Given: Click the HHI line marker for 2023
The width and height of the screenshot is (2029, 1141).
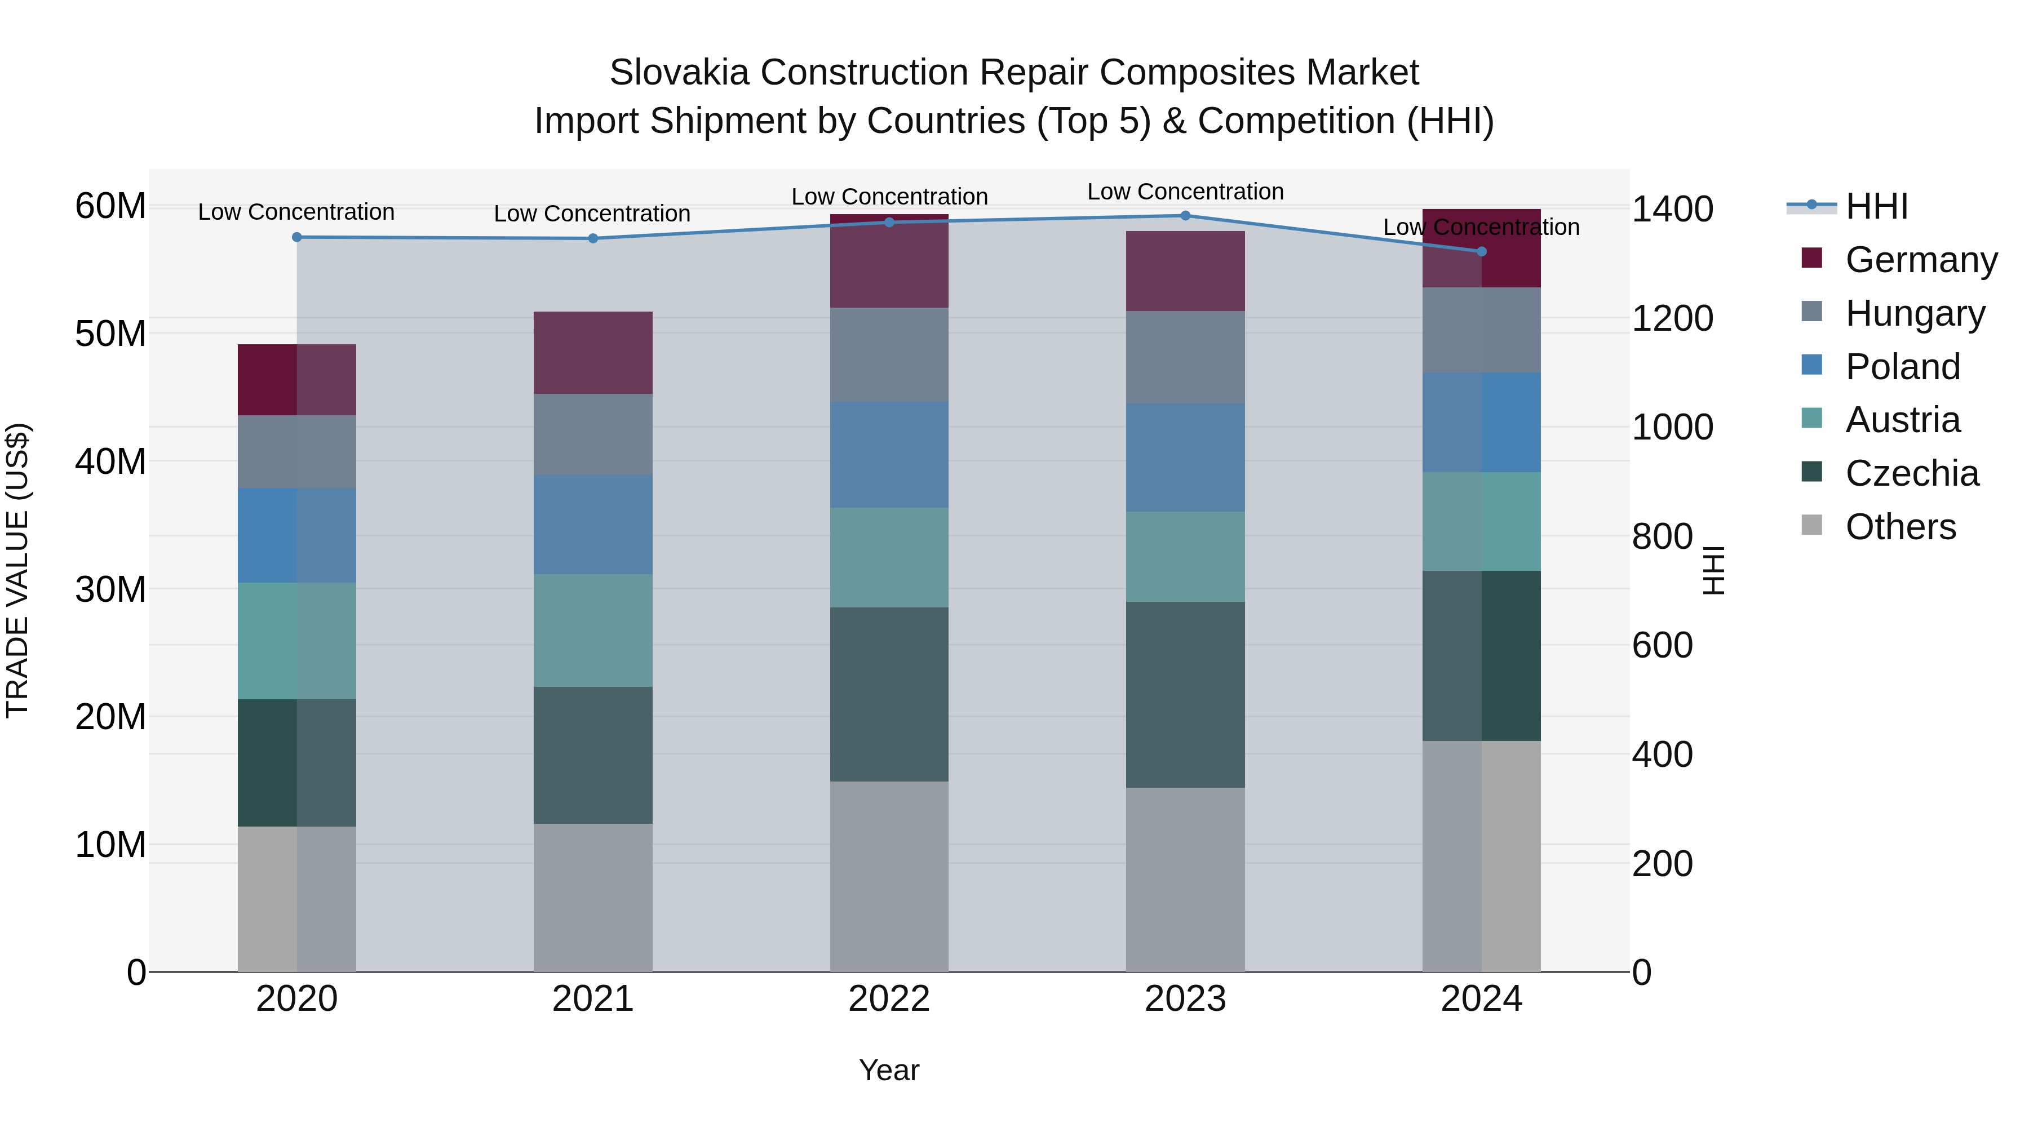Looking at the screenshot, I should click(1185, 216).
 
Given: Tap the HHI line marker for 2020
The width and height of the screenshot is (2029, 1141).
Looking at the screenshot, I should click(297, 237).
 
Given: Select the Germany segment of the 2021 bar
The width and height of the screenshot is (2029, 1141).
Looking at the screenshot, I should click(592, 353).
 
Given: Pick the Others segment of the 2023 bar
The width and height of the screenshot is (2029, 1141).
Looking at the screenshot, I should click(1185, 879).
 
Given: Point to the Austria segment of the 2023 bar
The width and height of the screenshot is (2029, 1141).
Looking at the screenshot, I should click(1185, 557).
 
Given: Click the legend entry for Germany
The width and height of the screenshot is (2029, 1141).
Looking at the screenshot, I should click(1920, 260).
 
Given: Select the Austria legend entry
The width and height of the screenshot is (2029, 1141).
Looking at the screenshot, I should click(1902, 420).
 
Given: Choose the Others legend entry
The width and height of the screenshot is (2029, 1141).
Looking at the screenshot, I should click(1900, 527).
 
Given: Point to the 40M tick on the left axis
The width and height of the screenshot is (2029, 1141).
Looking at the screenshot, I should click(110, 461).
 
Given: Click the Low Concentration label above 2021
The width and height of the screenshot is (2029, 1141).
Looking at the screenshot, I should click(592, 214).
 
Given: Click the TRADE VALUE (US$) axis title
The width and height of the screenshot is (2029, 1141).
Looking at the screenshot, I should click(17, 570).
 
